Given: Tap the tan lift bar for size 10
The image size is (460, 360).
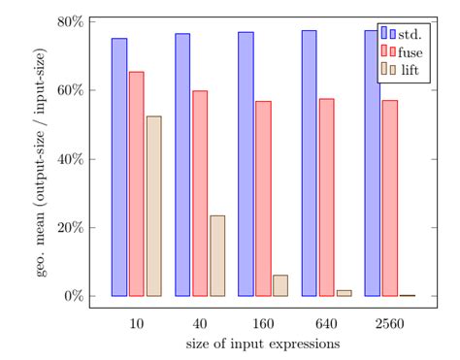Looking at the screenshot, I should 153,206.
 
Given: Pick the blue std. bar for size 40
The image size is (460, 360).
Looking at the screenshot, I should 182,165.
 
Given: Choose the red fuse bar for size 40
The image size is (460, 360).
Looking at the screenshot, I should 200,193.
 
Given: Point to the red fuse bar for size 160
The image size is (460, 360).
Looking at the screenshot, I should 263,198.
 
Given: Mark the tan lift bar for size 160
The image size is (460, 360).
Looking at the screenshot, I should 280,285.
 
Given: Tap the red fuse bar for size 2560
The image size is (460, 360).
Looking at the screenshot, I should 389,198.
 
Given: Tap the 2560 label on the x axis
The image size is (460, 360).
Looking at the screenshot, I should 389,323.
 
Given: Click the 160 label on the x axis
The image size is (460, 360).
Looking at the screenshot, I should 263,323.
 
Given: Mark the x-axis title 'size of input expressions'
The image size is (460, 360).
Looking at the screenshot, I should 262,344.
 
